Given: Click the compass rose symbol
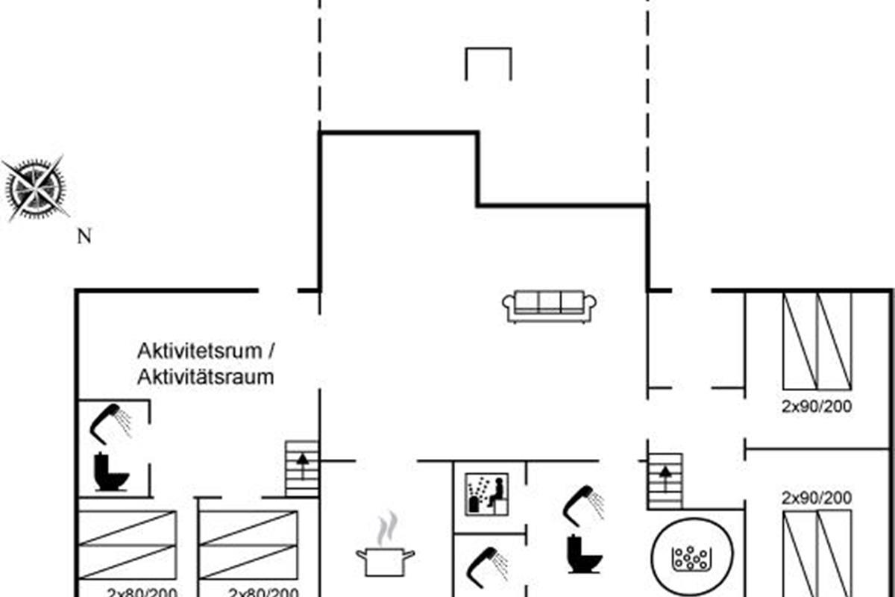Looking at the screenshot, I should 35,188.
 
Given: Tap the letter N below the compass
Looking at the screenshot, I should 85,237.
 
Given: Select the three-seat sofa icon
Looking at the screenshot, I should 550,306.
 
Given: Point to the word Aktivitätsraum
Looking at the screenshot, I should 206,377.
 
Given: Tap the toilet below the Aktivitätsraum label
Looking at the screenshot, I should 111,473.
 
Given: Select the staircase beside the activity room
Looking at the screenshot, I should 303,468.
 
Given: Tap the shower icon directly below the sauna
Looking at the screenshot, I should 486,565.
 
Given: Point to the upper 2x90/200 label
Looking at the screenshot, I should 817,407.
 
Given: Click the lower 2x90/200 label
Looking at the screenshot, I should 817,498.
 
